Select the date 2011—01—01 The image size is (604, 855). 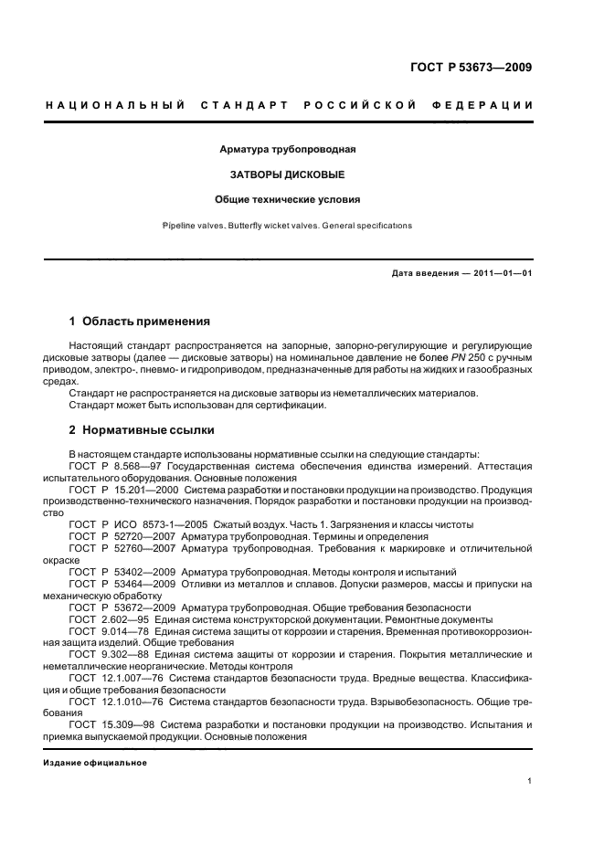499,273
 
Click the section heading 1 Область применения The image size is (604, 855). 139,322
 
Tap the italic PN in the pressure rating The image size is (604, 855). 465,358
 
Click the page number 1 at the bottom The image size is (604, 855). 529,782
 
